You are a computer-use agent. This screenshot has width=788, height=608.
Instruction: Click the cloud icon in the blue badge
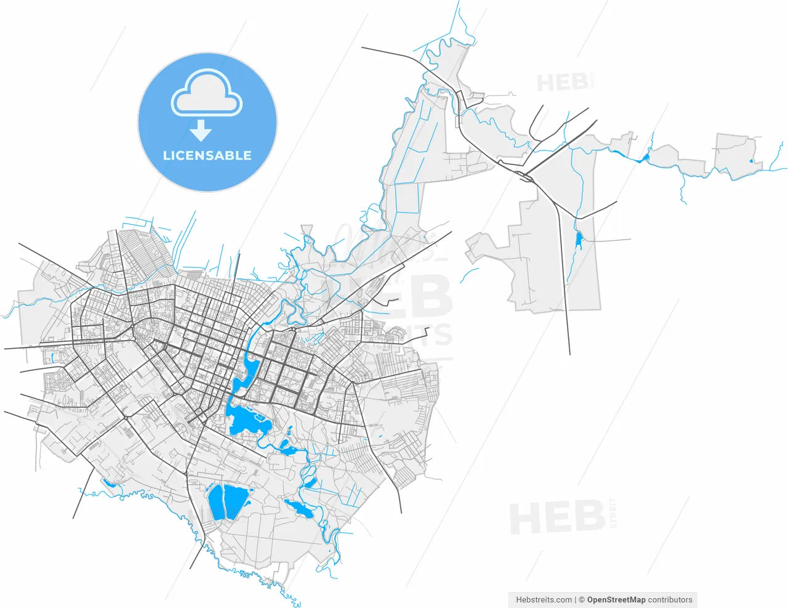click(x=207, y=94)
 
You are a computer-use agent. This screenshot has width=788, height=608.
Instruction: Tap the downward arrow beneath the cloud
click(x=201, y=131)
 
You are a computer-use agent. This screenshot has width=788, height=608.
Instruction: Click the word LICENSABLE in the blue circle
click(x=207, y=156)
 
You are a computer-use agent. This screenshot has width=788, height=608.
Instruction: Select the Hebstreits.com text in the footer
click(x=544, y=599)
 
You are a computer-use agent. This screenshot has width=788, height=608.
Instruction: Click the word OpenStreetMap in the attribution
click(x=616, y=599)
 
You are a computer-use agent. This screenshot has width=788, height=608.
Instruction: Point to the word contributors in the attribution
click(x=670, y=599)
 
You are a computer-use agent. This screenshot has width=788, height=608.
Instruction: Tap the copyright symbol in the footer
click(x=581, y=599)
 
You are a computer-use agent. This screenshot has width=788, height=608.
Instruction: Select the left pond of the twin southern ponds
click(x=215, y=501)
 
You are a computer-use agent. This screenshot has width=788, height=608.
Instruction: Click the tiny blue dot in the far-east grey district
click(x=751, y=161)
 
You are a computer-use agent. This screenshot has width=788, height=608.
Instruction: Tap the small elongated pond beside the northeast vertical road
click(x=578, y=240)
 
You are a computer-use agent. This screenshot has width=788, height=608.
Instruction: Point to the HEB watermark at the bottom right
click(x=557, y=517)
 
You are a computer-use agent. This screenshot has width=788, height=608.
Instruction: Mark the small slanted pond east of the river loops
click(x=311, y=482)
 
